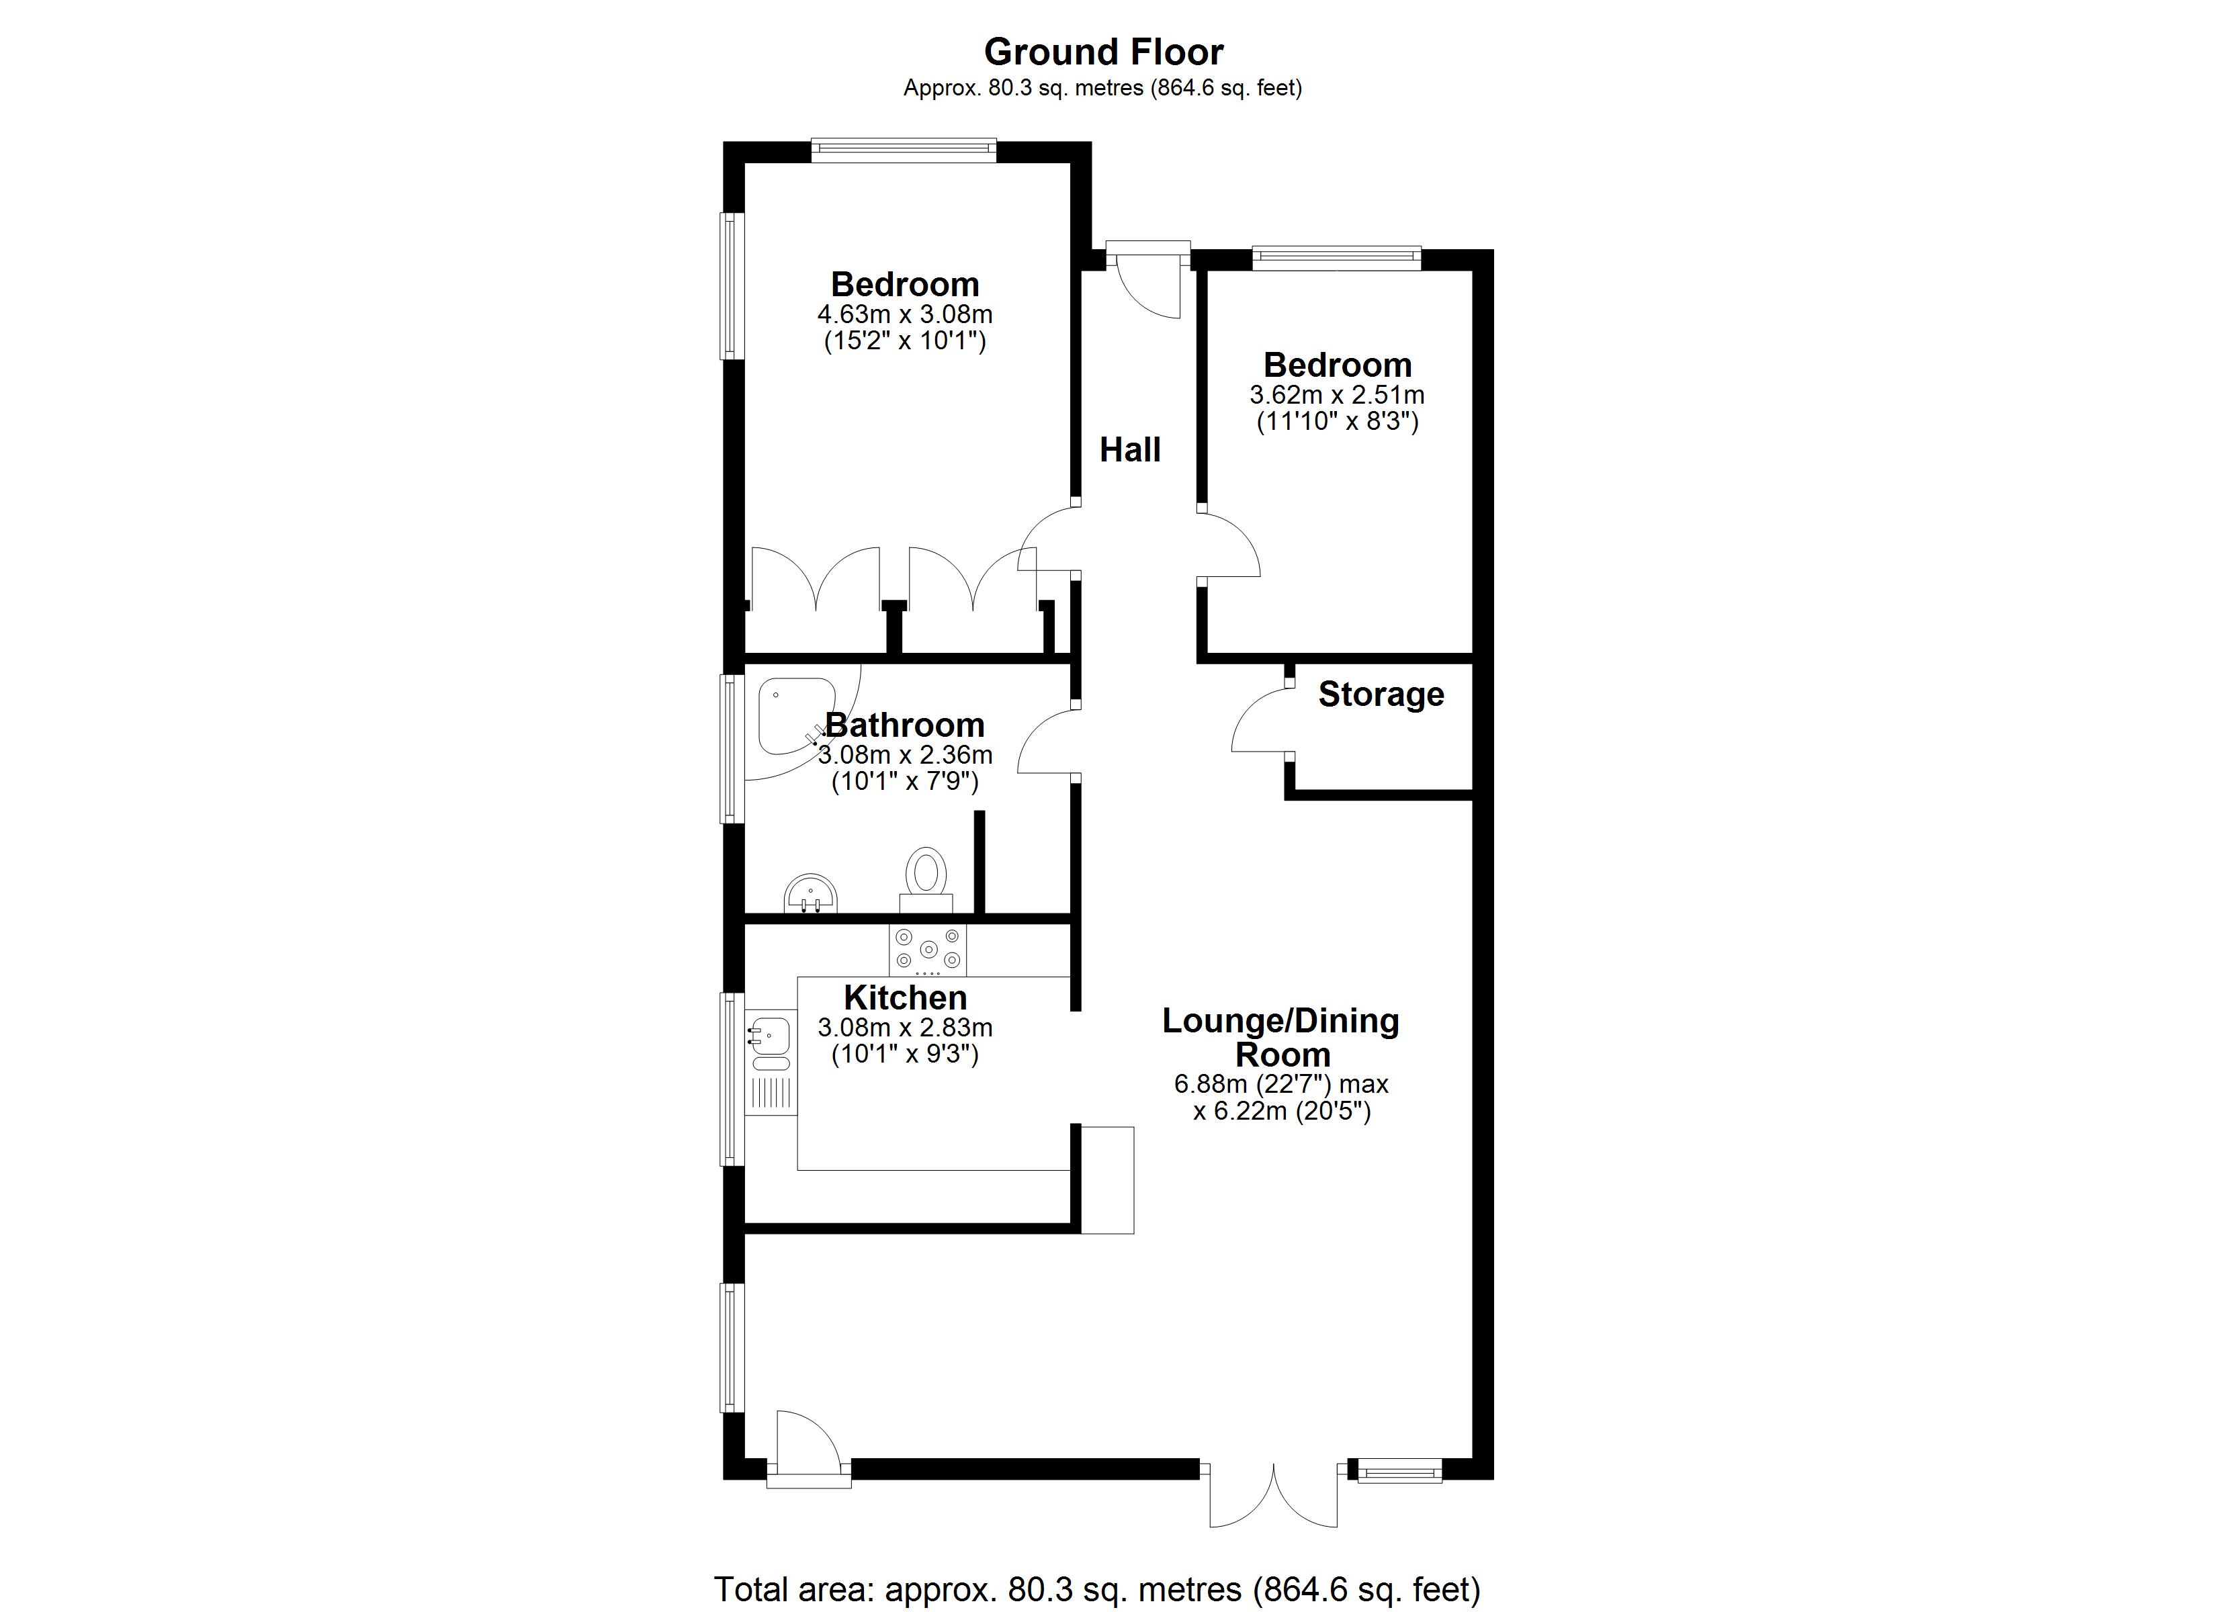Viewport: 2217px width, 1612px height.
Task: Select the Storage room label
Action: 1380,694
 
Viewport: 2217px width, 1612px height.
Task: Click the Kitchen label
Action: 905,997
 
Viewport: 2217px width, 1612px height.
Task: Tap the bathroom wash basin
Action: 810,893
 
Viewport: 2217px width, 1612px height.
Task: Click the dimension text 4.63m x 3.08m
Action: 905,315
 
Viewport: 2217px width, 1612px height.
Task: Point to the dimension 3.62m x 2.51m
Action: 1336,395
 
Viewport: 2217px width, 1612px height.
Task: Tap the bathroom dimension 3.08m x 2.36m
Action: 905,755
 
